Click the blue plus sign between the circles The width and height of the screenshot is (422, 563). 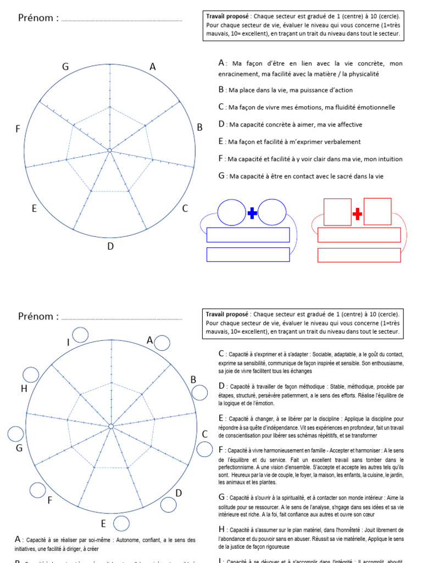pyautogui.click(x=252, y=213)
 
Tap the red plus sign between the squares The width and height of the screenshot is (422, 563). pyautogui.click(x=357, y=213)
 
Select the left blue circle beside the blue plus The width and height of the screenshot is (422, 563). pyautogui.click(x=232, y=212)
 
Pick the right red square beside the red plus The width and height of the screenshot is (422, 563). pyautogui.click(x=377, y=212)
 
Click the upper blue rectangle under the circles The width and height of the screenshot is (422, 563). pyautogui.click(x=248, y=235)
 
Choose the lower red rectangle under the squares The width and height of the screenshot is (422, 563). pyautogui.click(x=359, y=255)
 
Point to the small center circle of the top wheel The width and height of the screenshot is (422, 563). pyautogui.click(x=109, y=150)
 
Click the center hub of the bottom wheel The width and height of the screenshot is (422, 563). pyautogui.click(x=110, y=426)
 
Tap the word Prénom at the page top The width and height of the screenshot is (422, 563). pyautogui.click(x=38, y=18)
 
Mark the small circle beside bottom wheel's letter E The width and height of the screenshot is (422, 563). pyautogui.click(x=121, y=523)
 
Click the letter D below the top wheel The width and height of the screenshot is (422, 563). pyautogui.click(x=110, y=246)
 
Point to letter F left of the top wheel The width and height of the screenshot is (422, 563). pyautogui.click(x=18, y=129)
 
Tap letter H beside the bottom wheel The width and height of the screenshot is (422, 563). pyautogui.click(x=24, y=389)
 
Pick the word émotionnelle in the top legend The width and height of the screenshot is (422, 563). pyautogui.click(x=374, y=107)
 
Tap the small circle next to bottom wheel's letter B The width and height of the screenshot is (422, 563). pyautogui.click(x=200, y=392)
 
